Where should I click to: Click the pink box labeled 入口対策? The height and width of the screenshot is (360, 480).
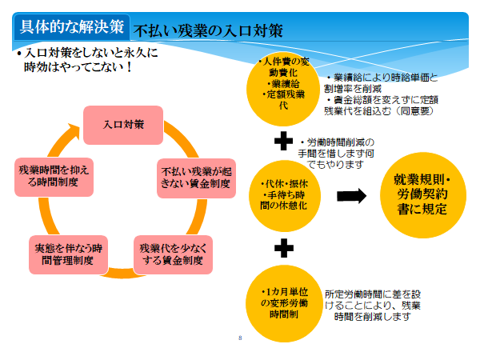pyautogui.click(x=123, y=125)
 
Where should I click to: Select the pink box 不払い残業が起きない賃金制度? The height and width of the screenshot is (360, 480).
pyautogui.click(x=196, y=178)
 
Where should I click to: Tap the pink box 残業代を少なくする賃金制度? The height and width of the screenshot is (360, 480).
pyautogui.click(x=173, y=254)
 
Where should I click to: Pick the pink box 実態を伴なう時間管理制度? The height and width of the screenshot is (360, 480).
pyautogui.click(x=68, y=254)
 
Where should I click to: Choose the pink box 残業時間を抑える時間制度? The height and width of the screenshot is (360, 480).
pyautogui.click(x=54, y=177)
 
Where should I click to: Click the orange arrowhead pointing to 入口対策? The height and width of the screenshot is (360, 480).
pyautogui.click(x=74, y=130)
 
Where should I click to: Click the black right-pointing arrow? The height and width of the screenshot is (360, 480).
pyautogui.click(x=351, y=196)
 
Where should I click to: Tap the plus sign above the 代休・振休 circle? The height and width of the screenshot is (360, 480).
pyautogui.click(x=283, y=141)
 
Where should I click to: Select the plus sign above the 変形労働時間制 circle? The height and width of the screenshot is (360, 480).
pyautogui.click(x=284, y=248)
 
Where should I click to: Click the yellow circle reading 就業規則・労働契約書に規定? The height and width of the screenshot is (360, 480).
pyautogui.click(x=423, y=195)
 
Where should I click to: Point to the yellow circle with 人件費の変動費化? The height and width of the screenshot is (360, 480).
pyautogui.click(x=283, y=89)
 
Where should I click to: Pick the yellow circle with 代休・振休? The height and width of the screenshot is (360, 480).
pyautogui.click(x=285, y=196)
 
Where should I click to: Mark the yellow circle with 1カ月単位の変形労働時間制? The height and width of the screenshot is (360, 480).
pyautogui.click(x=284, y=303)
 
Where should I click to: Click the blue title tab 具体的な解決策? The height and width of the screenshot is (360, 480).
pyautogui.click(x=72, y=27)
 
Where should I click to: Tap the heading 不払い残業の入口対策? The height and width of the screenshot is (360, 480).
pyautogui.click(x=208, y=30)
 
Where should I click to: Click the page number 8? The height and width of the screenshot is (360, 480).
pyautogui.click(x=240, y=338)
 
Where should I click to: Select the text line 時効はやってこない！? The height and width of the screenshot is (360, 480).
pyautogui.click(x=78, y=66)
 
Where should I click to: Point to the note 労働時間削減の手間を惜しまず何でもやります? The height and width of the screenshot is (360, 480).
pyautogui.click(x=336, y=154)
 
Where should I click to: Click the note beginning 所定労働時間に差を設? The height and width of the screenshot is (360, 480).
pyautogui.click(x=373, y=306)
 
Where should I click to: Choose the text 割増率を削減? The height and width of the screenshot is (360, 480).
pyautogui.click(x=353, y=89)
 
